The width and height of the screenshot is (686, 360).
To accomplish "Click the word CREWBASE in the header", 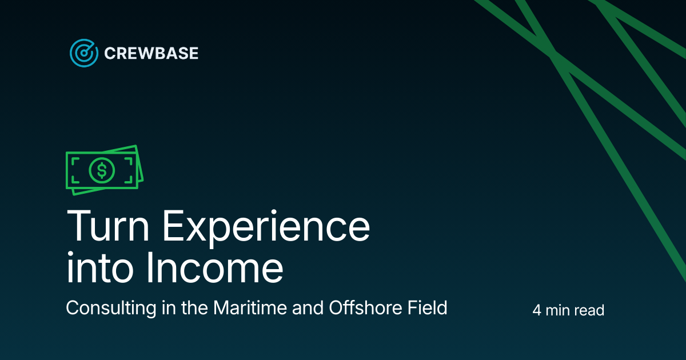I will (151, 54).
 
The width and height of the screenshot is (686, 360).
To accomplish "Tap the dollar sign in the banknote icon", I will (102, 170).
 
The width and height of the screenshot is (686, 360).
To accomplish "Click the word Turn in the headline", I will (107, 227).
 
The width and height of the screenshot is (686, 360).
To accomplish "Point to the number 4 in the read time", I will (536, 311).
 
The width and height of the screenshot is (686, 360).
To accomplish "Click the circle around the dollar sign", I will (93, 170).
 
